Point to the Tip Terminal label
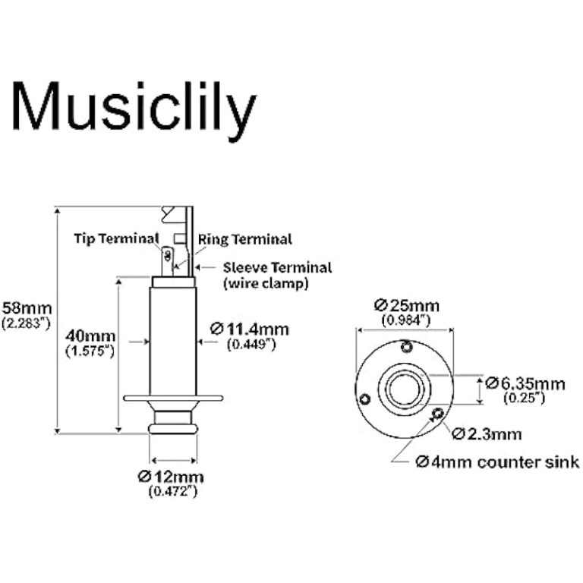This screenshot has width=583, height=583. pos(115,238)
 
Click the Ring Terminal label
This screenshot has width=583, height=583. pos(244,239)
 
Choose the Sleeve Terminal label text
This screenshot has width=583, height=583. pos(278,267)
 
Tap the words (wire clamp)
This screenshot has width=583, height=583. pos(265,284)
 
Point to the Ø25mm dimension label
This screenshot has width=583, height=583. pos(405,306)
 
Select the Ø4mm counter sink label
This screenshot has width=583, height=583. pos(497,462)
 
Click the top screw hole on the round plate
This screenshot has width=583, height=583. pos(408,347)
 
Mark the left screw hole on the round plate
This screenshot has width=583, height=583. pos(366,399)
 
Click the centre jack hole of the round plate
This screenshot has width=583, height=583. pos(403,389)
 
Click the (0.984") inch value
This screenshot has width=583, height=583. pos(405,320)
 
